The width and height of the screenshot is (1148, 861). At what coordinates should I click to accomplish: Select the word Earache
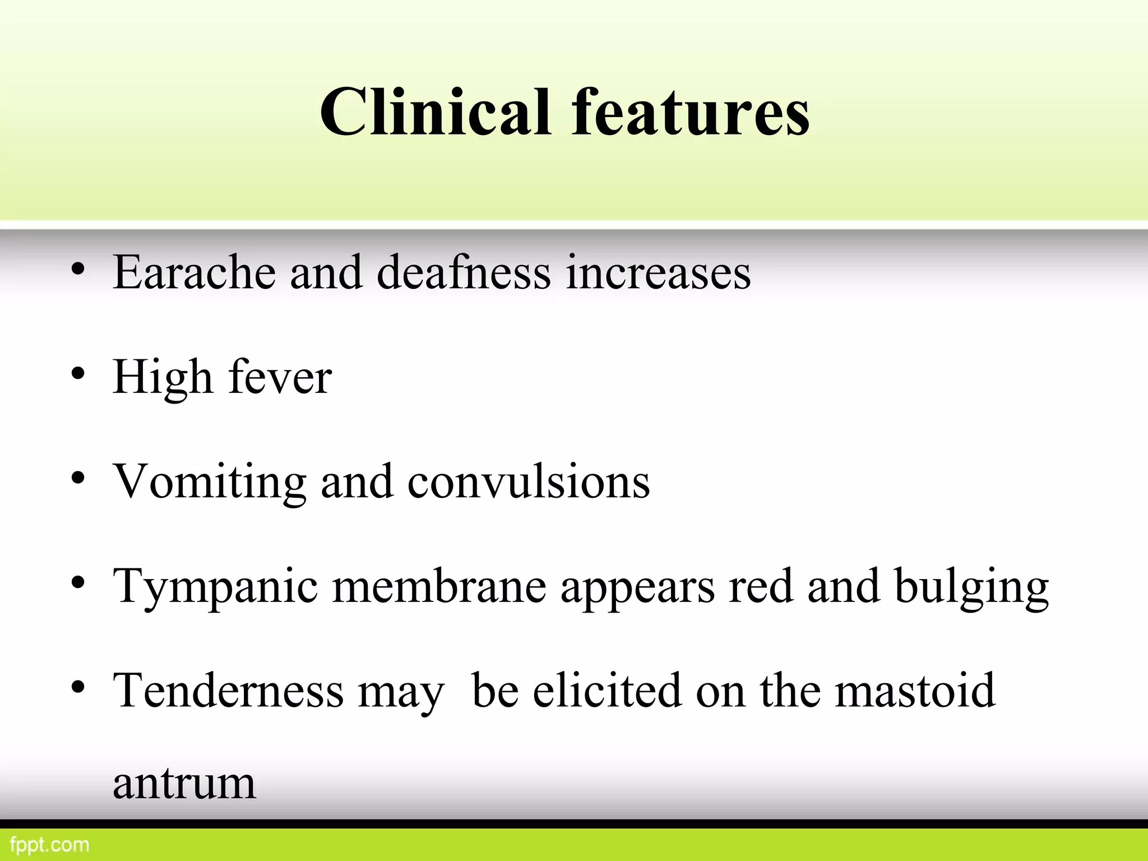[x=194, y=272]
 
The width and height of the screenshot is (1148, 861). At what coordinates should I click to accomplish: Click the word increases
[x=658, y=272]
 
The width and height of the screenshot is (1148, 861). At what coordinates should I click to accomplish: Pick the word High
[x=163, y=378]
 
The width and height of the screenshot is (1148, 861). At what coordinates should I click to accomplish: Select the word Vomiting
[x=210, y=482]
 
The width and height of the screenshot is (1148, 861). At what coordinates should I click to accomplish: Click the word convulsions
[x=529, y=482]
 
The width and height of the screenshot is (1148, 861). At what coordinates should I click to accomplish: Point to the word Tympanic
[x=215, y=587]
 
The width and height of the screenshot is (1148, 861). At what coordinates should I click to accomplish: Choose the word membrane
[x=439, y=586]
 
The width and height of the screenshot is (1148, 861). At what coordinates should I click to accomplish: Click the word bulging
[x=971, y=587]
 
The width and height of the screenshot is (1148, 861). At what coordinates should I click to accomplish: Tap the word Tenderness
[x=228, y=691]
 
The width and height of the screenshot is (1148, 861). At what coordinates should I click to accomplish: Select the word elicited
[x=607, y=691]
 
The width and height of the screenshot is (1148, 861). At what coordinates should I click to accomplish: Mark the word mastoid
[x=915, y=691]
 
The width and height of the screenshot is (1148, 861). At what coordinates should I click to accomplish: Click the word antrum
[x=184, y=784]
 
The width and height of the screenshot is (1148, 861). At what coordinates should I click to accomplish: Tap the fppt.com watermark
[x=50, y=845]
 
